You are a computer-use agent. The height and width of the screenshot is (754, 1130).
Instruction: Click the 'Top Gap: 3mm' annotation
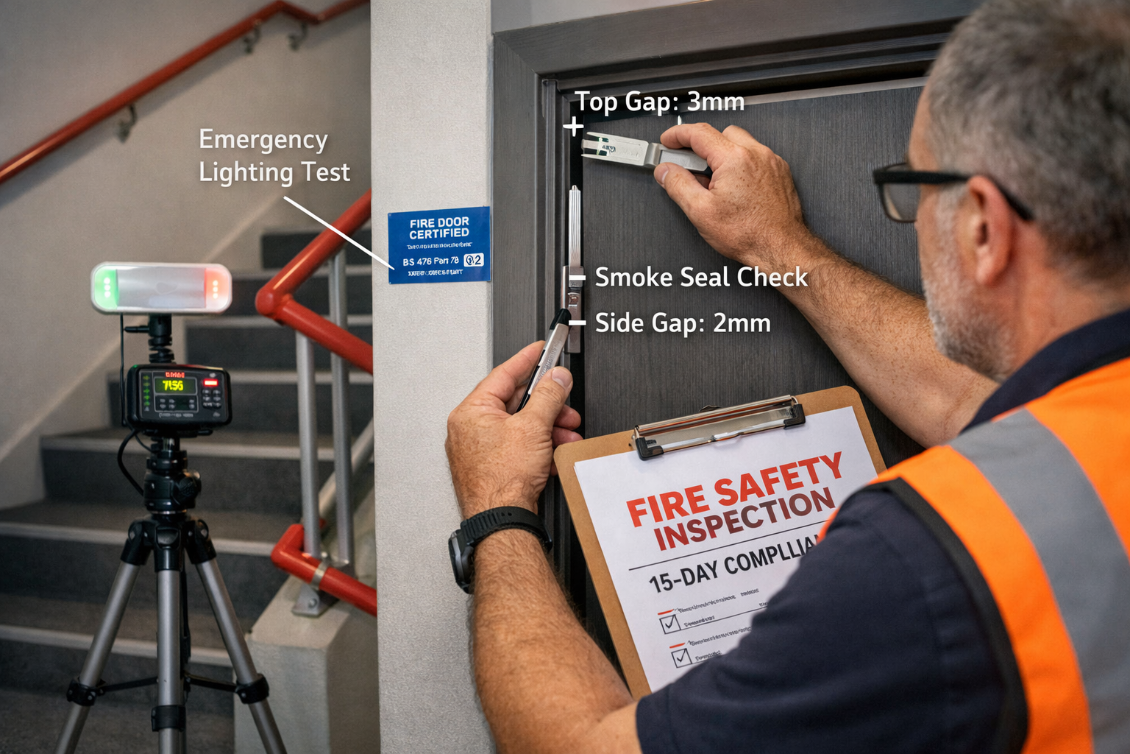pos(659,102)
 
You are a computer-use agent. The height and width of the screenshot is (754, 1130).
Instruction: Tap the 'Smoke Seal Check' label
pos(700,278)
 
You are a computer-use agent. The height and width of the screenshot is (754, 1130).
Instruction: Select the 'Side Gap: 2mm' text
pos(682,323)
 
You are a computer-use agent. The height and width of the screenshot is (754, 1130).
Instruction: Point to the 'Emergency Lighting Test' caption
pos(274,156)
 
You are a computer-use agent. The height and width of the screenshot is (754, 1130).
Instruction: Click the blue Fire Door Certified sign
pos(439,244)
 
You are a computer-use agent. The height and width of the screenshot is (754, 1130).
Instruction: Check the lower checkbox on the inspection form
pos(681,657)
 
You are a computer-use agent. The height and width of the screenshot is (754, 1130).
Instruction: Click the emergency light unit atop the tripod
pos(161,288)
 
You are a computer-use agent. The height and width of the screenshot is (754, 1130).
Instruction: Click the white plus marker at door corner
pos(574,127)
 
